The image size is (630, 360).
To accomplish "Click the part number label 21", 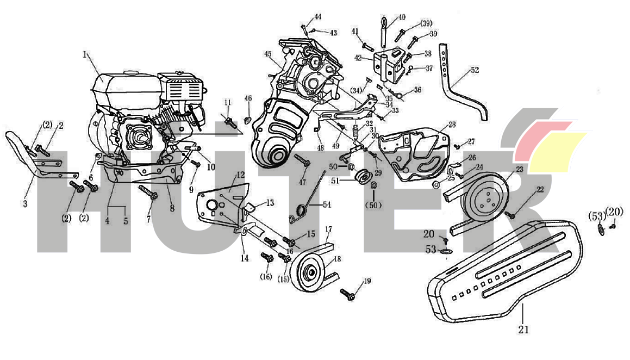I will tap(523, 329).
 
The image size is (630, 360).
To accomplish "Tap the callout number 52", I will tap(475, 70).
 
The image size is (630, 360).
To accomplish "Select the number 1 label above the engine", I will tap(85, 54).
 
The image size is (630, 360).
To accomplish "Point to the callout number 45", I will tap(267, 54).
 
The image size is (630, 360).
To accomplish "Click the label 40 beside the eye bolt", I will tap(402, 17).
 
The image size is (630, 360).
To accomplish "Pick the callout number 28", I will tap(452, 125).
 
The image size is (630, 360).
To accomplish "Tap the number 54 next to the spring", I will tap(326, 204).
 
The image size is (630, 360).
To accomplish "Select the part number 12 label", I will tap(240, 175).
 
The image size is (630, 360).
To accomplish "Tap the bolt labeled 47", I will tap(302, 160).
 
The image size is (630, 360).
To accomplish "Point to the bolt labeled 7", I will tap(147, 191).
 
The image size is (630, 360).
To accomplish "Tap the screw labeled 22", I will tap(511, 215).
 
